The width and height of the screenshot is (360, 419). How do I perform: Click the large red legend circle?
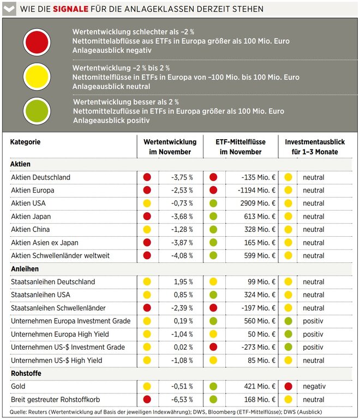[x=37, y=42]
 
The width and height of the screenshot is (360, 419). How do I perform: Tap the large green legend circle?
[x=37, y=111]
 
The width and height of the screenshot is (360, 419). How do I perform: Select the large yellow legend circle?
[x=37, y=77]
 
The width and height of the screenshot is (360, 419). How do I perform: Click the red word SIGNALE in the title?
[x=70, y=9]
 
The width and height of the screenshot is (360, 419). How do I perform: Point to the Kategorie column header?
[x=26, y=142]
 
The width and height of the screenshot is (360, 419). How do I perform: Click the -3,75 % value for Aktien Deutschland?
[x=182, y=177]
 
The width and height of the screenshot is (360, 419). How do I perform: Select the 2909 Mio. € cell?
[x=257, y=203]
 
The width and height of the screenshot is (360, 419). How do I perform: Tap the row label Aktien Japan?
[x=31, y=217]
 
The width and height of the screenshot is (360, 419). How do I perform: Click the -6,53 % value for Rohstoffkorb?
[x=182, y=400]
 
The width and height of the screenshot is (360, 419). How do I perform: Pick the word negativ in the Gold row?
[x=314, y=386]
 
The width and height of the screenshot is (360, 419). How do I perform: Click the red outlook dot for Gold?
[x=288, y=386]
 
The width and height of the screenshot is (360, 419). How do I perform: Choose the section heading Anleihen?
[x=25, y=269]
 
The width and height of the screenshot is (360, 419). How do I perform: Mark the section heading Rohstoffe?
[x=26, y=373]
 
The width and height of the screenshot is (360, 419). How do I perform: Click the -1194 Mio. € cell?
[x=256, y=190]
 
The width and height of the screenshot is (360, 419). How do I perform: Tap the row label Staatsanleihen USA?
[x=40, y=295]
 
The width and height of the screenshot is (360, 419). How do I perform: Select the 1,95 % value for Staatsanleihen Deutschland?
[x=183, y=282]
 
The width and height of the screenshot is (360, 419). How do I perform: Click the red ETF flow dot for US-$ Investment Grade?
[x=213, y=347]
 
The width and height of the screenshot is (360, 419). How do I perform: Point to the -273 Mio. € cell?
[x=258, y=348]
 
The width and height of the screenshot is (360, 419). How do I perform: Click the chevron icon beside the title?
[x=9, y=9]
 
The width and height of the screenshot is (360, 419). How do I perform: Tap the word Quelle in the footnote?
[x=17, y=412]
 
